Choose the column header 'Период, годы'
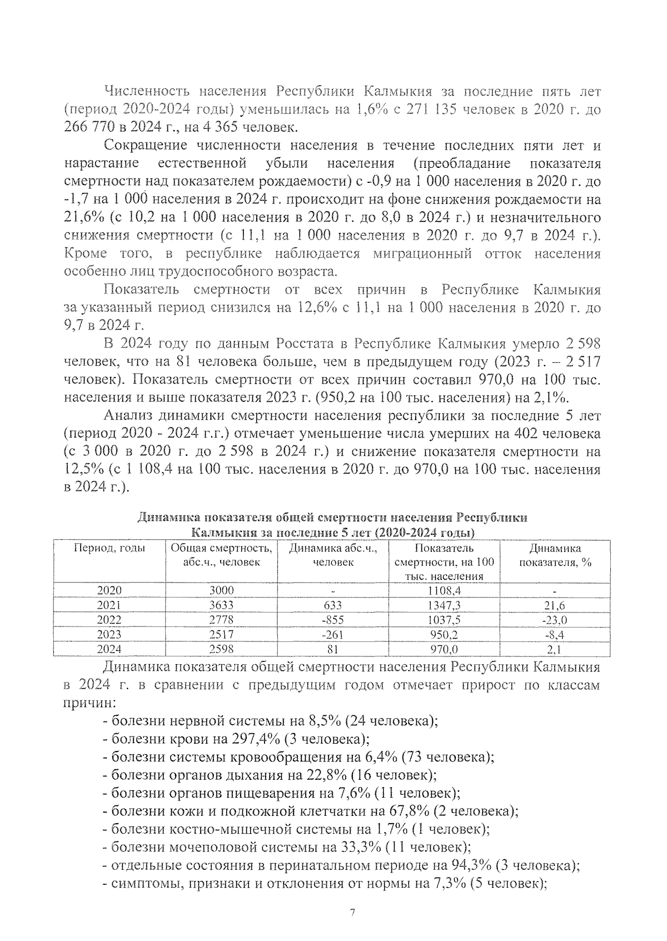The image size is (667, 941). point(109,548)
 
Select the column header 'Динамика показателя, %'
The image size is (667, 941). point(554,555)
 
